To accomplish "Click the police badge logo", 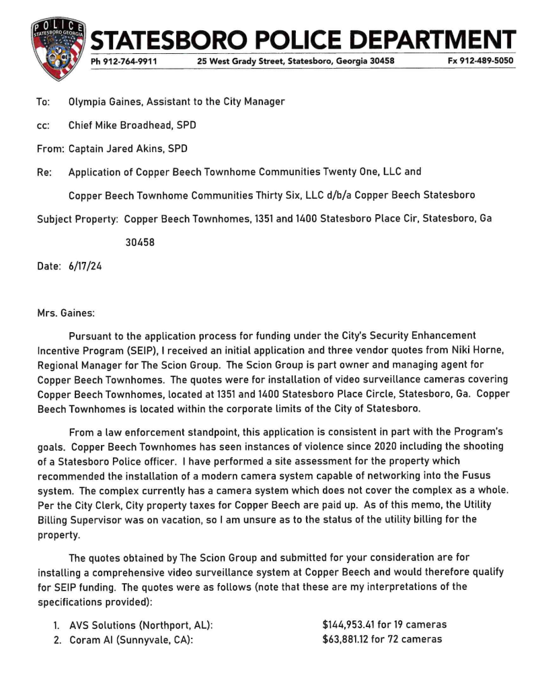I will tap(58, 48).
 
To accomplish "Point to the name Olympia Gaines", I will tap(100, 102).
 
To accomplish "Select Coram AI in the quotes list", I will tap(91, 640).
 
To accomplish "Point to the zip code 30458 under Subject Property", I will tap(141, 242).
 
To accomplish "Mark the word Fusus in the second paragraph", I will tap(478, 450).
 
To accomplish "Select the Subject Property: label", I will tap(77, 219).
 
